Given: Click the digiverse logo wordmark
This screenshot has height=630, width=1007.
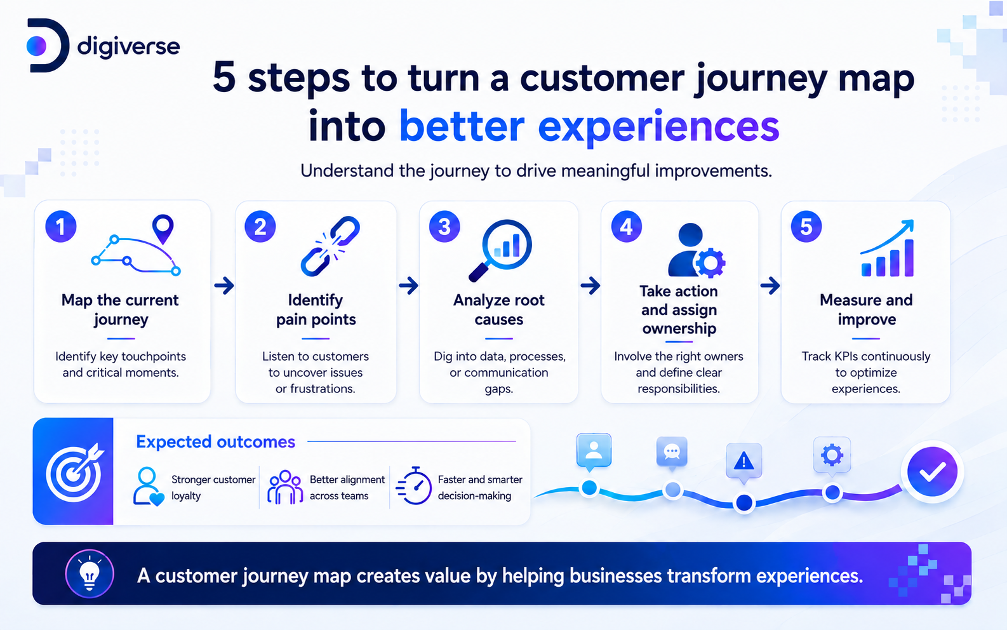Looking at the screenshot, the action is (x=128, y=47).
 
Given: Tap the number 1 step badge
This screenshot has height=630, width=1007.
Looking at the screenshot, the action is (x=61, y=227).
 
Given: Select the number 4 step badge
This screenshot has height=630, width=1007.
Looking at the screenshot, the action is (x=626, y=227).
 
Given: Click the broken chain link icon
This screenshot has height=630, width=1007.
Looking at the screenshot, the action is (x=330, y=246).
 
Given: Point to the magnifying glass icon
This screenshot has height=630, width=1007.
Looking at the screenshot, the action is (x=500, y=250).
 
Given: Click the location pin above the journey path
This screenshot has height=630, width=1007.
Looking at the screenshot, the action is (x=163, y=229).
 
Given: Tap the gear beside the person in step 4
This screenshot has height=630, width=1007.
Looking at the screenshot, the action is (x=710, y=262).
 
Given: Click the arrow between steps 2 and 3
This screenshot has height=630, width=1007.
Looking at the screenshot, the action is (x=408, y=285).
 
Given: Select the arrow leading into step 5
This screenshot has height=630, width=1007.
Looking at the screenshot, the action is (x=770, y=285).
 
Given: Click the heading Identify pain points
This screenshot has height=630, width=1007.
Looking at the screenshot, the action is (x=316, y=309).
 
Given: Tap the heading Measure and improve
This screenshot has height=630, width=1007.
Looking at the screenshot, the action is (x=866, y=309).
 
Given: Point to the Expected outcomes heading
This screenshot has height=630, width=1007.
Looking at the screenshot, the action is (x=216, y=441).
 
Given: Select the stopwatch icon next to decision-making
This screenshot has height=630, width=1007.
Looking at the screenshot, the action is (x=414, y=486).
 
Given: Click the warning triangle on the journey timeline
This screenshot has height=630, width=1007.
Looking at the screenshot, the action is (x=744, y=461).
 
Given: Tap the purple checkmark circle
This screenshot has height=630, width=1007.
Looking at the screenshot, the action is (x=932, y=472).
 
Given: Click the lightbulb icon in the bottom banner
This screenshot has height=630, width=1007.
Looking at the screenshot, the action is (x=90, y=573).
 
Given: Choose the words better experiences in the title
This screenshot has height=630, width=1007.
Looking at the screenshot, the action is (x=589, y=127).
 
